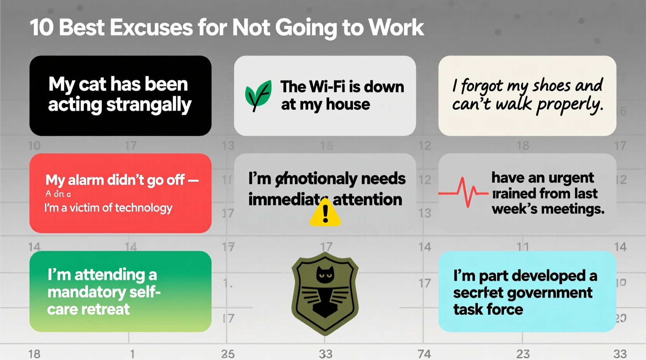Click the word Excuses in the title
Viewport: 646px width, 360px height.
click(x=151, y=28)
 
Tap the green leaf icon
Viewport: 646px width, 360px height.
click(x=258, y=95)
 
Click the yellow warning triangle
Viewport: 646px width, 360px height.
click(x=325, y=213)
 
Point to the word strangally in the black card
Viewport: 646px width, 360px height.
click(x=149, y=105)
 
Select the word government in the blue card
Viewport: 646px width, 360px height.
click(x=550, y=293)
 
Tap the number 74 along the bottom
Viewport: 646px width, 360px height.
click(x=424, y=354)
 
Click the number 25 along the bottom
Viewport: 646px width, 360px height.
click(x=228, y=354)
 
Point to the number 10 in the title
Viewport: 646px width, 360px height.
click(x=42, y=28)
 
